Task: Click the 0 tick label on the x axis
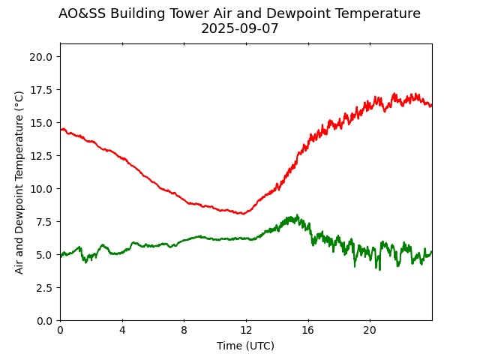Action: [60, 331]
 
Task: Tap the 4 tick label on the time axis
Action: [122, 331]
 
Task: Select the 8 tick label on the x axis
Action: [184, 331]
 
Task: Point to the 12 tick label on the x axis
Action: [246, 331]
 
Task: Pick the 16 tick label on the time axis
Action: [307, 331]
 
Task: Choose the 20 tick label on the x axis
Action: [370, 331]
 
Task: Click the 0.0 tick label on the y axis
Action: [46, 321]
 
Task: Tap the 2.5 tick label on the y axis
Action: [46, 288]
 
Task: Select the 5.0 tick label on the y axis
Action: [46, 255]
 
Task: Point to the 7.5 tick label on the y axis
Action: [46, 222]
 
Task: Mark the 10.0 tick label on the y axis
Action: [43, 189]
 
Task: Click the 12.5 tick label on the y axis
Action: [43, 156]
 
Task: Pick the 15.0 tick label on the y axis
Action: [43, 123]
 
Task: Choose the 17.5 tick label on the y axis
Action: [43, 90]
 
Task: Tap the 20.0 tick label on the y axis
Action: [43, 57]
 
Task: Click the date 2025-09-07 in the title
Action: [239, 29]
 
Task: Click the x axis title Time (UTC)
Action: [245, 346]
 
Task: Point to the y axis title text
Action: [19, 182]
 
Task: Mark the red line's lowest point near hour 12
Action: [242, 214]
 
